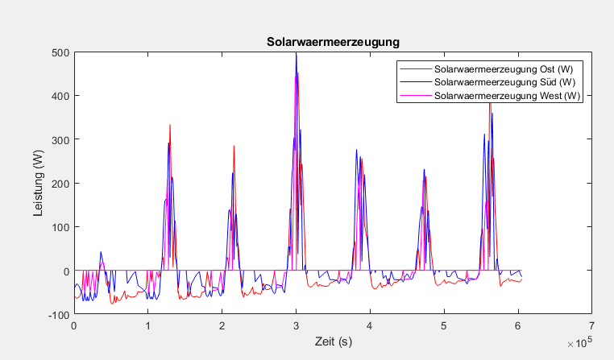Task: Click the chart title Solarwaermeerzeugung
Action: pos(334,40)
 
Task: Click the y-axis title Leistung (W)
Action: pos(38,183)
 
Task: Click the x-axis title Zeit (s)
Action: pos(334,343)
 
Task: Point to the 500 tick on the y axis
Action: pos(61,52)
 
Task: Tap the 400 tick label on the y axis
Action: pos(61,96)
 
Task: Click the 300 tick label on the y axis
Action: pos(61,139)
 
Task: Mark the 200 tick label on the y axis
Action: pos(61,183)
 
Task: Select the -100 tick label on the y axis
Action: pos(60,314)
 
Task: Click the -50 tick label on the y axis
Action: pos(62,292)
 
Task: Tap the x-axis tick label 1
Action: pos(148,326)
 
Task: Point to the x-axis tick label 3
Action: pos(297,326)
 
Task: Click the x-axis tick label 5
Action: pos(444,326)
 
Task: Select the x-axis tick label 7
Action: pos(592,326)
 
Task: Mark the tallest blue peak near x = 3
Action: pos(297,53)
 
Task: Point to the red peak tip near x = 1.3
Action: pos(170,125)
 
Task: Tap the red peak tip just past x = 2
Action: pos(234,146)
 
